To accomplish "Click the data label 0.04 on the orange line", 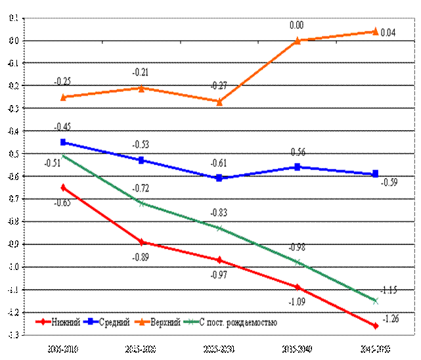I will [x=388, y=32].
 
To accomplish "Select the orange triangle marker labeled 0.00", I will [x=298, y=40].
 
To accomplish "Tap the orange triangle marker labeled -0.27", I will [x=219, y=102].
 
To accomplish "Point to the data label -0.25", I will [x=63, y=81].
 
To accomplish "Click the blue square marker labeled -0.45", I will [x=63, y=142].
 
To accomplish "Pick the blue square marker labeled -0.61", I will [x=219, y=178].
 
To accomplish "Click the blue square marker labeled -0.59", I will [x=376, y=174].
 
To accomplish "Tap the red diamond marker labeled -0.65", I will [x=63, y=187].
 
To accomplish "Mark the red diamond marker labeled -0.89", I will [x=141, y=242].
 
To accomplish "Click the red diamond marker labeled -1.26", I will [x=376, y=326].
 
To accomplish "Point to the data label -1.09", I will [x=298, y=302].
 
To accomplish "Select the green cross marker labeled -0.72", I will [x=141, y=203].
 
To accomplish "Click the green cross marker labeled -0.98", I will [x=298, y=262].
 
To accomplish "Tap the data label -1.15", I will [x=389, y=290].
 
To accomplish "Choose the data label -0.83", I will [x=219, y=213].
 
